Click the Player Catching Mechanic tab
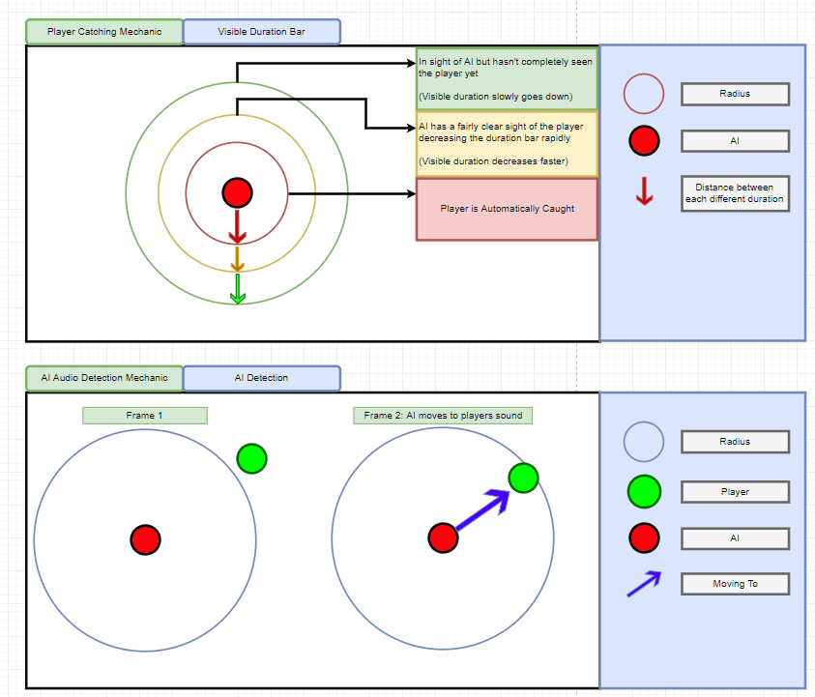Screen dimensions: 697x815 coord(103,32)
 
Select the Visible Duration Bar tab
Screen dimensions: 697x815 coord(261,32)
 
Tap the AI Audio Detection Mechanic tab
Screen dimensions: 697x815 coord(103,378)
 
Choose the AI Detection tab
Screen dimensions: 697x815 coord(261,378)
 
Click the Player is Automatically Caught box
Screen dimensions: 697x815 coord(507,209)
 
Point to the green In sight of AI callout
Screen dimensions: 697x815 coord(507,79)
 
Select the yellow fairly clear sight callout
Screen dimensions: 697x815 coord(507,144)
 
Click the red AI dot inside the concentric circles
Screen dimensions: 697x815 coord(237,192)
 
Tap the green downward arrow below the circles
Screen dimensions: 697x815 coord(238,287)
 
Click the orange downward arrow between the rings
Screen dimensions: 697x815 coord(237,258)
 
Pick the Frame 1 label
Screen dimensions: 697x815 coord(145,416)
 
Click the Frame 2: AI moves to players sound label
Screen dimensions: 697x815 coord(443,416)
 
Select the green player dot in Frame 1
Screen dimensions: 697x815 coord(251,458)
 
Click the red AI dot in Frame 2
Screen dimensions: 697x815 coord(443,537)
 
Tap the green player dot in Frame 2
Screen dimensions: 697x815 coord(523,478)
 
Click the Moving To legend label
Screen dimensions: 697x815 coord(735,584)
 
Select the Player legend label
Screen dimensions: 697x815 coord(735,492)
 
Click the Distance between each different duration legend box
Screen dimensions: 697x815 coord(735,194)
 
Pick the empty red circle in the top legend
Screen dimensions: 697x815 coord(644,95)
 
